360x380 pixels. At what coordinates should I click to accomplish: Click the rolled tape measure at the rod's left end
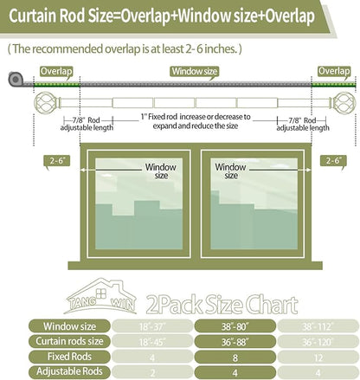16,79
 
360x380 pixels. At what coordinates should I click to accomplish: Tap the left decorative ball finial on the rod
46,103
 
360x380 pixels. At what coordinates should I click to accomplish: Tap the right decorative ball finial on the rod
344,103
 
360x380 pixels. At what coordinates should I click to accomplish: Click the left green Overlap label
56,72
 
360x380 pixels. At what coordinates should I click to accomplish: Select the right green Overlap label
334,72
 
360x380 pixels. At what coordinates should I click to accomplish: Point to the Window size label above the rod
194,72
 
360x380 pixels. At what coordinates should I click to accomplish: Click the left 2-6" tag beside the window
57,161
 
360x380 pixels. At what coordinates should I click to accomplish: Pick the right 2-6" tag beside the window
333,161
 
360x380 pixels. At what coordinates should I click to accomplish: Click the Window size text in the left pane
161,171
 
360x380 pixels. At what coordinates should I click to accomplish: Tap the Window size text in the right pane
230,171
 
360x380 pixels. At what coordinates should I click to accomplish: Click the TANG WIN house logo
100,296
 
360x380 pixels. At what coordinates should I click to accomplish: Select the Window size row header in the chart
69,326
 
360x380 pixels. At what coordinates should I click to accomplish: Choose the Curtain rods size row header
69,341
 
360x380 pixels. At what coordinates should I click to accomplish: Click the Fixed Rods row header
69,357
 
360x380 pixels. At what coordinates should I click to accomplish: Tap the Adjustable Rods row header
69,371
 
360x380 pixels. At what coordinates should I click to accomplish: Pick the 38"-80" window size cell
235,326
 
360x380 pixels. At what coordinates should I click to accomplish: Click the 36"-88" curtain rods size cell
235,342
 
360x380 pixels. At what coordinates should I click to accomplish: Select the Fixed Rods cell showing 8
235,357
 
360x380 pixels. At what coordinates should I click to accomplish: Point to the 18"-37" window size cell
152,326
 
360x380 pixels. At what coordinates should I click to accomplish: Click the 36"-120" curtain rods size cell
318,342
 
